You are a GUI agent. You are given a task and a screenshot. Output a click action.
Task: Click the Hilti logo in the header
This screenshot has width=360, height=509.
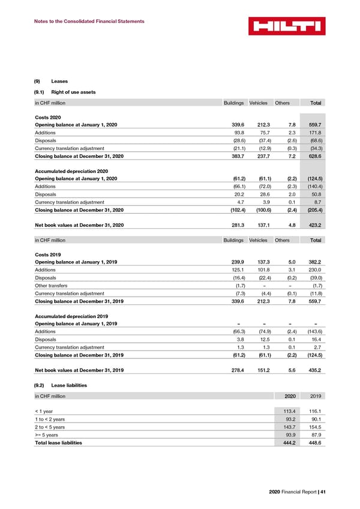(286, 26)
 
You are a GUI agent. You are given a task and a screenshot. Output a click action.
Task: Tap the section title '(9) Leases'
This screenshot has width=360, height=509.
(52, 81)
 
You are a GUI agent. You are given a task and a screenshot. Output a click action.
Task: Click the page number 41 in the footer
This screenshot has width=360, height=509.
(322, 492)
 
